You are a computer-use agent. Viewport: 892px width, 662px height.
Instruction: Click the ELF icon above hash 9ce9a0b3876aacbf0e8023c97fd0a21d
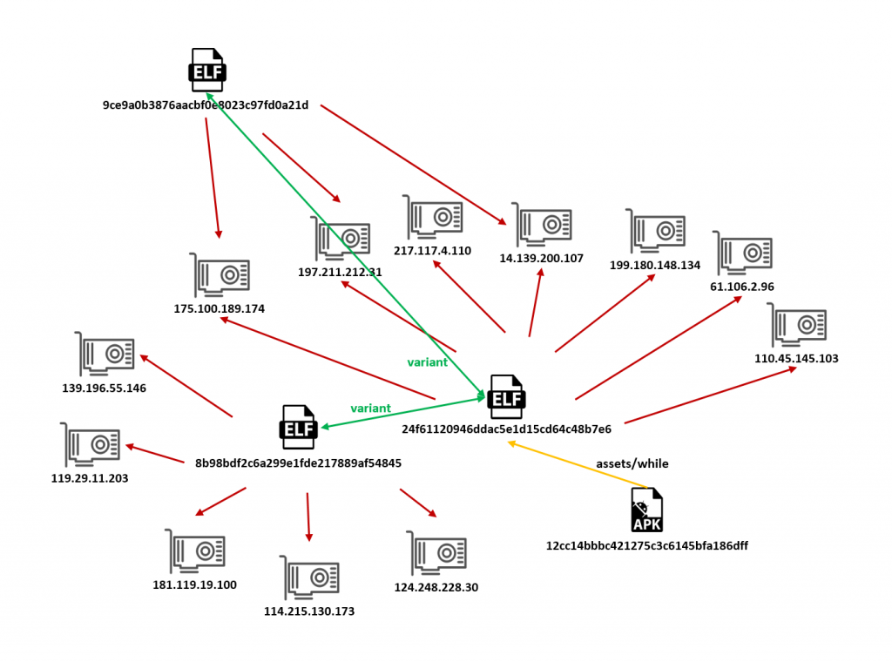click(207, 70)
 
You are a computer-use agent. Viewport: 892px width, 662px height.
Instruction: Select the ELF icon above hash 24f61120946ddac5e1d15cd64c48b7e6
click(506, 397)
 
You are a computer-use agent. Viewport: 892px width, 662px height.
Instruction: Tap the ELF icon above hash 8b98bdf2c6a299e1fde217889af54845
click(297, 427)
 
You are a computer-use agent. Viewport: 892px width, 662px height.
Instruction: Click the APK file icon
click(646, 510)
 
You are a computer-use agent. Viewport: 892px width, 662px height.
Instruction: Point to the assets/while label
click(632, 463)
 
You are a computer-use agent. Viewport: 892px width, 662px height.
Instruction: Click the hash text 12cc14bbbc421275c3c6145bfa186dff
click(646, 546)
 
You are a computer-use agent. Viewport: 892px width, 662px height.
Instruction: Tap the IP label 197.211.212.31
click(340, 273)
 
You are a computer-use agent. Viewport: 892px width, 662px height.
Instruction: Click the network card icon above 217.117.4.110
click(433, 217)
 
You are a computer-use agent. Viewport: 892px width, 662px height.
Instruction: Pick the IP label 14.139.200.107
click(541, 259)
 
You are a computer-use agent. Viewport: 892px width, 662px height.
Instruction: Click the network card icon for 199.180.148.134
click(656, 231)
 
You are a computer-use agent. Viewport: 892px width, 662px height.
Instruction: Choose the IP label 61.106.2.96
click(742, 287)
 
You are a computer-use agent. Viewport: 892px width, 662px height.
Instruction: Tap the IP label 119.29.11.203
click(90, 478)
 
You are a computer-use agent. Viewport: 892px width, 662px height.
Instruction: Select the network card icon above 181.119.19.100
click(197, 551)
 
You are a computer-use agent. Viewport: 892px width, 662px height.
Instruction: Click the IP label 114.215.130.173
click(309, 611)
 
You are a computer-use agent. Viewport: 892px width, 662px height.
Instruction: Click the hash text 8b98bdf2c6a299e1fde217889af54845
click(298, 463)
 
